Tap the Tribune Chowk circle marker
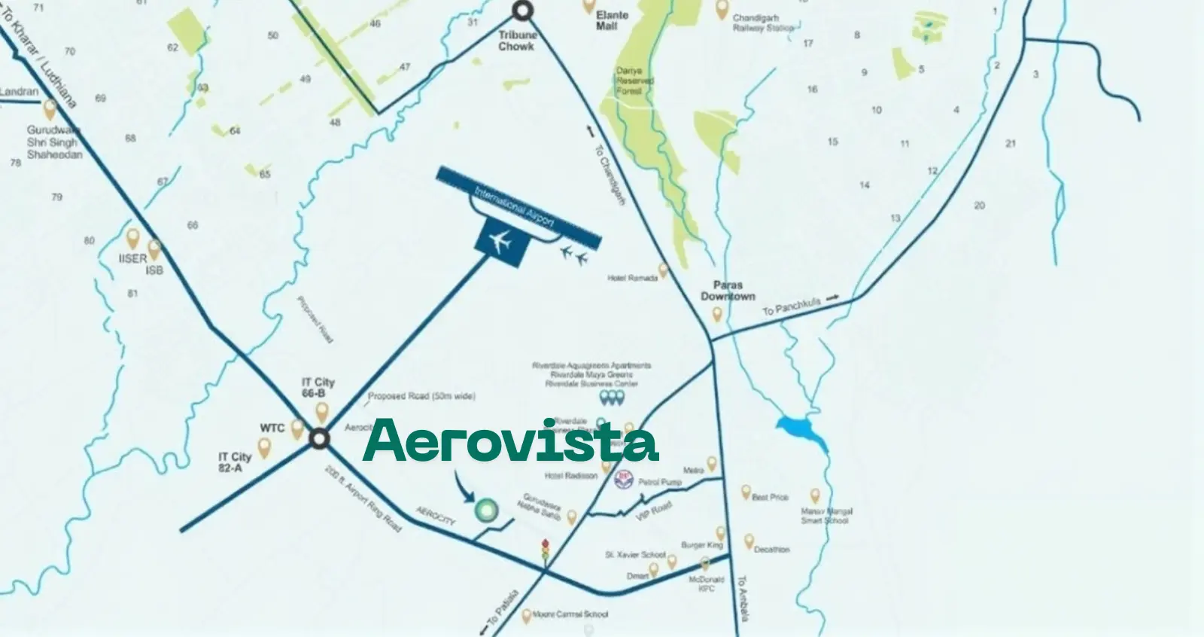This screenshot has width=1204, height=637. click(x=522, y=11)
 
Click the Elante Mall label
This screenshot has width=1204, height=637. click(x=607, y=20)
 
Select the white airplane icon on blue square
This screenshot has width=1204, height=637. click(x=500, y=242)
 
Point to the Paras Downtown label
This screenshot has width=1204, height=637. click(x=728, y=291)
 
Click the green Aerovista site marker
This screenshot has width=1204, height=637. click(x=485, y=510)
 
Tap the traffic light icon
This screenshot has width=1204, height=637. click(x=546, y=549)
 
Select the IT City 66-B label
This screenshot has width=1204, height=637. click(x=318, y=388)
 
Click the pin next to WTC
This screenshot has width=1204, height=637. click(x=297, y=429)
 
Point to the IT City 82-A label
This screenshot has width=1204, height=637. click(x=235, y=462)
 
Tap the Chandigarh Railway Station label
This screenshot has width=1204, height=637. click(x=764, y=23)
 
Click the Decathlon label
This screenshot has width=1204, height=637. click(x=771, y=550)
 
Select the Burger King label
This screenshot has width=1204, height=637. click(x=701, y=544)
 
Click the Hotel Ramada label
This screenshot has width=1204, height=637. click(x=632, y=278)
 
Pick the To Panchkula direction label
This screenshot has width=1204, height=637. click(x=791, y=306)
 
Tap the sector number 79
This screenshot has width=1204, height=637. click(x=56, y=197)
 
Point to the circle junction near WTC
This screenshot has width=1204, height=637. click(x=320, y=439)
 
